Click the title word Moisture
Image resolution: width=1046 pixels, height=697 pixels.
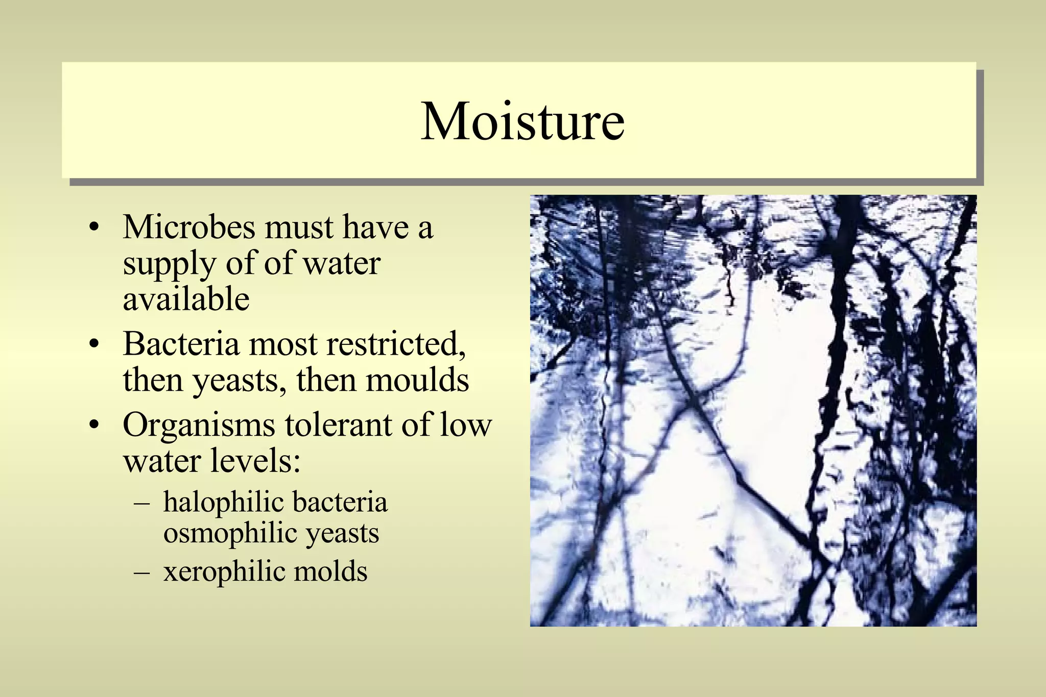tap(522, 121)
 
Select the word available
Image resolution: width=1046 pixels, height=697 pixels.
tap(186, 299)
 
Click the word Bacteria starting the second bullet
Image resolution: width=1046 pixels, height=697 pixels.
tap(181, 344)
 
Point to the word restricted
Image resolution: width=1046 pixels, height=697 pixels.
tap(396, 344)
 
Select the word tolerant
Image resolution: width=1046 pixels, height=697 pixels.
tap(339, 425)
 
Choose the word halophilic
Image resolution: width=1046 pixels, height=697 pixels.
tap(223, 502)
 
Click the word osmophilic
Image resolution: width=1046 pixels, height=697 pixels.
tap(230, 533)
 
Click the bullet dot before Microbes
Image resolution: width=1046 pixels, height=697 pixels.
tap(93, 228)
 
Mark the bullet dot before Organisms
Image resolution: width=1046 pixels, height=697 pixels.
tap(93, 426)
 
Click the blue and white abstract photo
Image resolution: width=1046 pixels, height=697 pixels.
tap(753, 410)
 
